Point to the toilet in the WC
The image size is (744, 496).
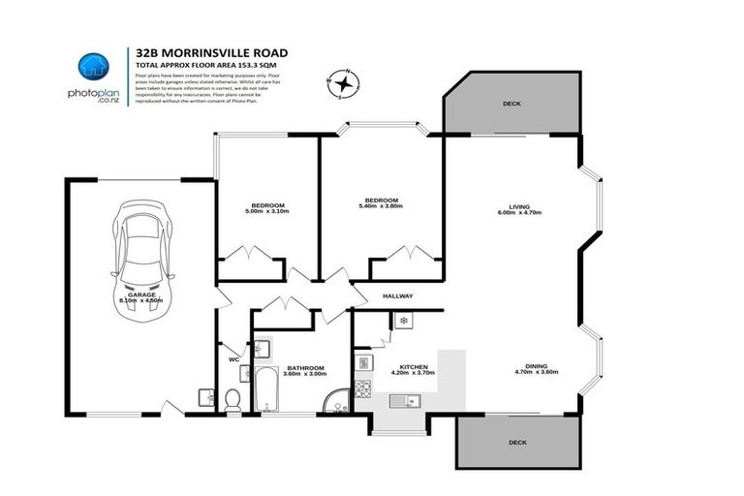coord(232,398)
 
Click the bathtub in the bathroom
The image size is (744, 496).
coord(264,388)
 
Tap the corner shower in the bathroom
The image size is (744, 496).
coord(334,403)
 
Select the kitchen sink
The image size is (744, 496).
coord(401,400)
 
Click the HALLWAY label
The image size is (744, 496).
coord(397,296)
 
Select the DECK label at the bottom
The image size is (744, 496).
coord(519,442)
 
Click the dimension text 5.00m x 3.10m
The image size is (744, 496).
coord(267,212)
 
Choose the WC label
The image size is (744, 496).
coord(232,359)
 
